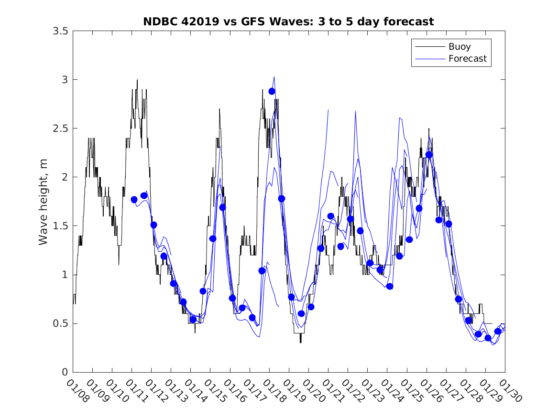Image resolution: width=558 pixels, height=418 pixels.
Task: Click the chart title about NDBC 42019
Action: click(288, 21)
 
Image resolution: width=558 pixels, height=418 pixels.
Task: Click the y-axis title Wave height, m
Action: click(44, 201)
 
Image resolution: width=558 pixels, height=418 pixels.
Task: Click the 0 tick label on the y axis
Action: click(65, 373)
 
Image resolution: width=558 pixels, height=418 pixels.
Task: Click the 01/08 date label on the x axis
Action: click(77, 391)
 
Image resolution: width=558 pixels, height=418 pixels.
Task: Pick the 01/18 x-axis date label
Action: click(274, 391)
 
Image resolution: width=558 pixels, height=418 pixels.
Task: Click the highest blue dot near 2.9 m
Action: click(272, 91)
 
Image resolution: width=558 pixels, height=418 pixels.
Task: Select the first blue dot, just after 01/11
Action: click(134, 200)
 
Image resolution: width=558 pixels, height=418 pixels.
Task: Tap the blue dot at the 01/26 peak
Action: click(429, 155)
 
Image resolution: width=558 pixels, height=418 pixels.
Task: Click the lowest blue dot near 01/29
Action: click(488, 338)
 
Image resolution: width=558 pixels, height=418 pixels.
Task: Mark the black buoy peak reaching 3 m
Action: click(137, 80)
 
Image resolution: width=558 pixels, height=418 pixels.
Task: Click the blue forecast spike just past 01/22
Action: click(355, 111)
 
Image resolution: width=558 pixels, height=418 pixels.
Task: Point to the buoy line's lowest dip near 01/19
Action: click(301, 342)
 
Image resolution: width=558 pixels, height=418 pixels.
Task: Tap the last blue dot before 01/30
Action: click(498, 332)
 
